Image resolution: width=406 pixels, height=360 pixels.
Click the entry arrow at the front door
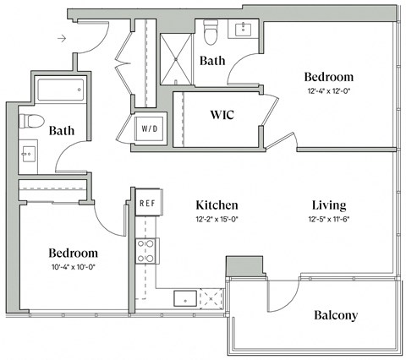(x=62, y=38)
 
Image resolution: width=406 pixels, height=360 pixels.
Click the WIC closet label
(x=222, y=113)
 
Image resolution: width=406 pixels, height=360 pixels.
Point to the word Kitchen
(x=217, y=205)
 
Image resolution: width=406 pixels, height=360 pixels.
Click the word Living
(x=326, y=205)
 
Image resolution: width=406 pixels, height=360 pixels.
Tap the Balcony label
(x=336, y=316)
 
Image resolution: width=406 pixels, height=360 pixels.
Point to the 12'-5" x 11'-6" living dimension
(x=326, y=220)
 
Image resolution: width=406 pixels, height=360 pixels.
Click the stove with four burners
(x=147, y=251)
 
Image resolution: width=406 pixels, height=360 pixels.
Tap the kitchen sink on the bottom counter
(x=186, y=297)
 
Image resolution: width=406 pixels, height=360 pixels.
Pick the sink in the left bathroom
(x=28, y=155)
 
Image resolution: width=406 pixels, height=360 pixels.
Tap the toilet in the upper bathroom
(x=212, y=32)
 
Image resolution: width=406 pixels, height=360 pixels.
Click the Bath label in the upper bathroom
(x=212, y=61)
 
